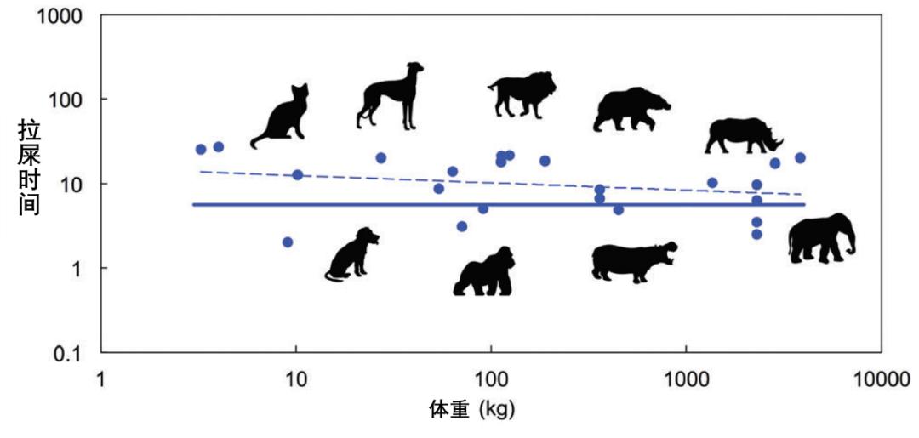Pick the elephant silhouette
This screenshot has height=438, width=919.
tap(819, 239)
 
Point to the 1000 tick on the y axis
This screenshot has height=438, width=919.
tap(62, 16)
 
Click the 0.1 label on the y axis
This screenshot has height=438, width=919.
tap(69, 353)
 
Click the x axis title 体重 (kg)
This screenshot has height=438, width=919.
tap(471, 411)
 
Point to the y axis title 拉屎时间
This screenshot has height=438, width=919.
tap(30, 167)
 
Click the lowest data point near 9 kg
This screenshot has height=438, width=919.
tap(288, 242)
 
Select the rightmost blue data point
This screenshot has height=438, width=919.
tap(800, 158)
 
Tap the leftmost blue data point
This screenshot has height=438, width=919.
tap(201, 150)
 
